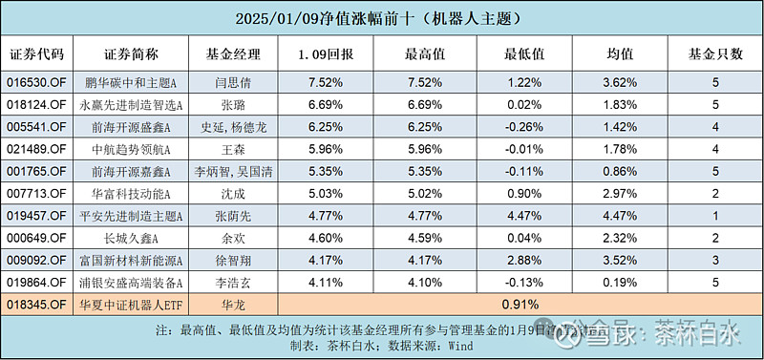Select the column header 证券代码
(39, 53)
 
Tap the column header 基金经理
(233, 53)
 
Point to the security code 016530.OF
(39, 83)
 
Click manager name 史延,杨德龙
(233, 127)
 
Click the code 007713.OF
(39, 193)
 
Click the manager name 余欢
(233, 237)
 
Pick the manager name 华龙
(233, 304)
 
